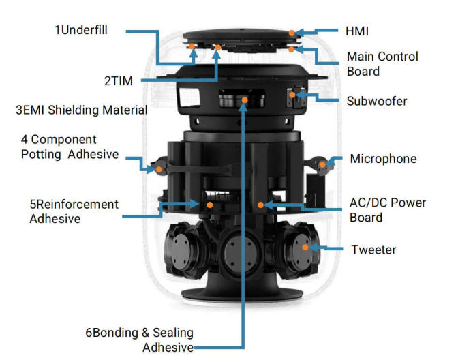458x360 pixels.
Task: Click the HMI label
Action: pos(357,31)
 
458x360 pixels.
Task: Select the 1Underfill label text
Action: pos(81,30)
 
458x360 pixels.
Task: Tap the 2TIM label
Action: pos(119,81)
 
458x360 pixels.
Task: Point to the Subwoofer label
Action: pos(377,102)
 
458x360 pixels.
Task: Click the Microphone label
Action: pos(383,159)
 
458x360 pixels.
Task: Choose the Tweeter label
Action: pos(373,250)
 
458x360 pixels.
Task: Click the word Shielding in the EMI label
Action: pos(74,110)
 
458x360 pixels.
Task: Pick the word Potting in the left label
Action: pos(41,154)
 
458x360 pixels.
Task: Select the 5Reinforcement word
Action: pos(74,205)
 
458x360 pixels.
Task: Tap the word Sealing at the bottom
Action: pos(173,333)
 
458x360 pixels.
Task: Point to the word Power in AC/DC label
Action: pos(408,202)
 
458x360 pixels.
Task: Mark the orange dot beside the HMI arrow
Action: pos(292,33)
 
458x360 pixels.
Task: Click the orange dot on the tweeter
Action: pos(305,247)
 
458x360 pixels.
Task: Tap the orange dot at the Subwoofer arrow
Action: pos(292,95)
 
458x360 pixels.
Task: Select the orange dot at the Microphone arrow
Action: pos(322,164)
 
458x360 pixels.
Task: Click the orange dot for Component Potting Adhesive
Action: pos(159,170)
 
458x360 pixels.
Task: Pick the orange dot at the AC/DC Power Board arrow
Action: pos(260,205)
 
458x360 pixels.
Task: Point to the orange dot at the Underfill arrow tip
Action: pos(192,46)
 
